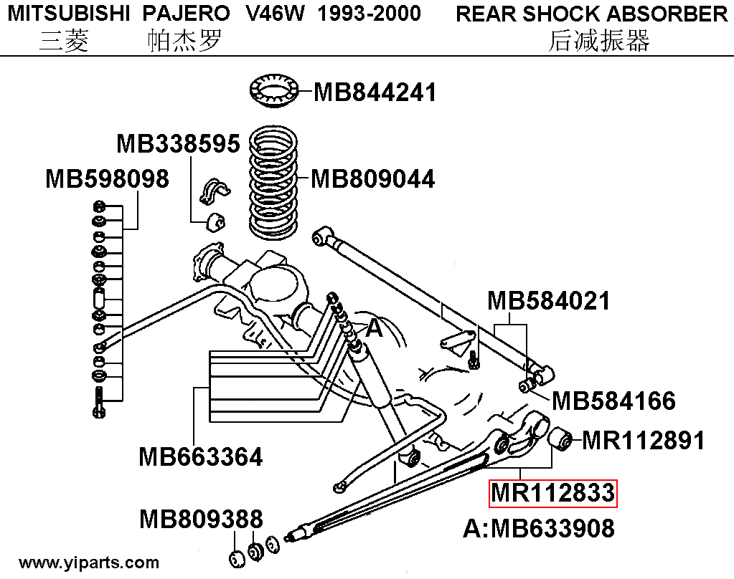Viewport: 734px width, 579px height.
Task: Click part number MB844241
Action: pyautogui.click(x=375, y=92)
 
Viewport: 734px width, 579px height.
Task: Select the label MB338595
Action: pyautogui.click(x=178, y=143)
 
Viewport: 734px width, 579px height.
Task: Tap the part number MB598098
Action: pyautogui.click(x=107, y=178)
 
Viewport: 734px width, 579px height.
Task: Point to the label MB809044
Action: pyautogui.click(x=373, y=178)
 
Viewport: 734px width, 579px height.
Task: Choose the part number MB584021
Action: pyautogui.click(x=549, y=301)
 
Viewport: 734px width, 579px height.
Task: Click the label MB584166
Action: pyautogui.click(x=613, y=401)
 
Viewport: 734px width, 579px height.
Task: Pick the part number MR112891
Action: pyautogui.click(x=643, y=440)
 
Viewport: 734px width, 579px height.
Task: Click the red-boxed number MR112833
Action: pyautogui.click(x=553, y=493)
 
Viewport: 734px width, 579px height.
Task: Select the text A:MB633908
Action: pyautogui.click(x=539, y=529)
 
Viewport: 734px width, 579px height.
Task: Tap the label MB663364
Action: pyautogui.click(x=201, y=456)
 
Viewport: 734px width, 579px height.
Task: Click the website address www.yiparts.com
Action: pyautogui.click(x=90, y=563)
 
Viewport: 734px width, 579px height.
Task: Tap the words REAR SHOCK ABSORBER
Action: pyautogui.click(x=592, y=14)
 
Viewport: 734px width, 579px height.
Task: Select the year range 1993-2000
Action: pyautogui.click(x=370, y=14)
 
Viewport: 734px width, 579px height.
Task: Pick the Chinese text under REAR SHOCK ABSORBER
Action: pyautogui.click(x=598, y=42)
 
